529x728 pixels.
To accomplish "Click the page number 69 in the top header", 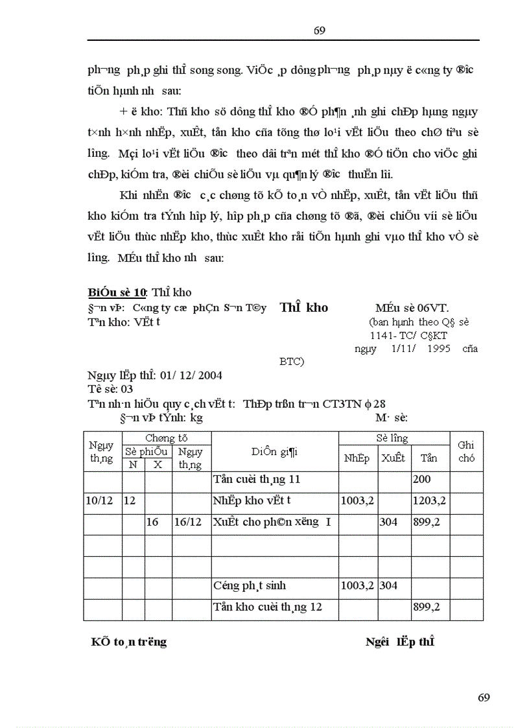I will pos(319,31).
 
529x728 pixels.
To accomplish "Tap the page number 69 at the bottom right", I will pos(484,698).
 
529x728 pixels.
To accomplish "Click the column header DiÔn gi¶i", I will pos(274,452).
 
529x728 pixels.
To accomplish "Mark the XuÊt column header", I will pos(393,458).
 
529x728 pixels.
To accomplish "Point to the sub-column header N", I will pos(133,464).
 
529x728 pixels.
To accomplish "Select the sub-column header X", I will pos(158,464).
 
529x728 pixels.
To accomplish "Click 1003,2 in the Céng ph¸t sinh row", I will pos(358,585).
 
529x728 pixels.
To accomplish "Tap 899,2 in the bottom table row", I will pos(426,607).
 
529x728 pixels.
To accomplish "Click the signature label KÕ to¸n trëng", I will pos(128,642).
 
